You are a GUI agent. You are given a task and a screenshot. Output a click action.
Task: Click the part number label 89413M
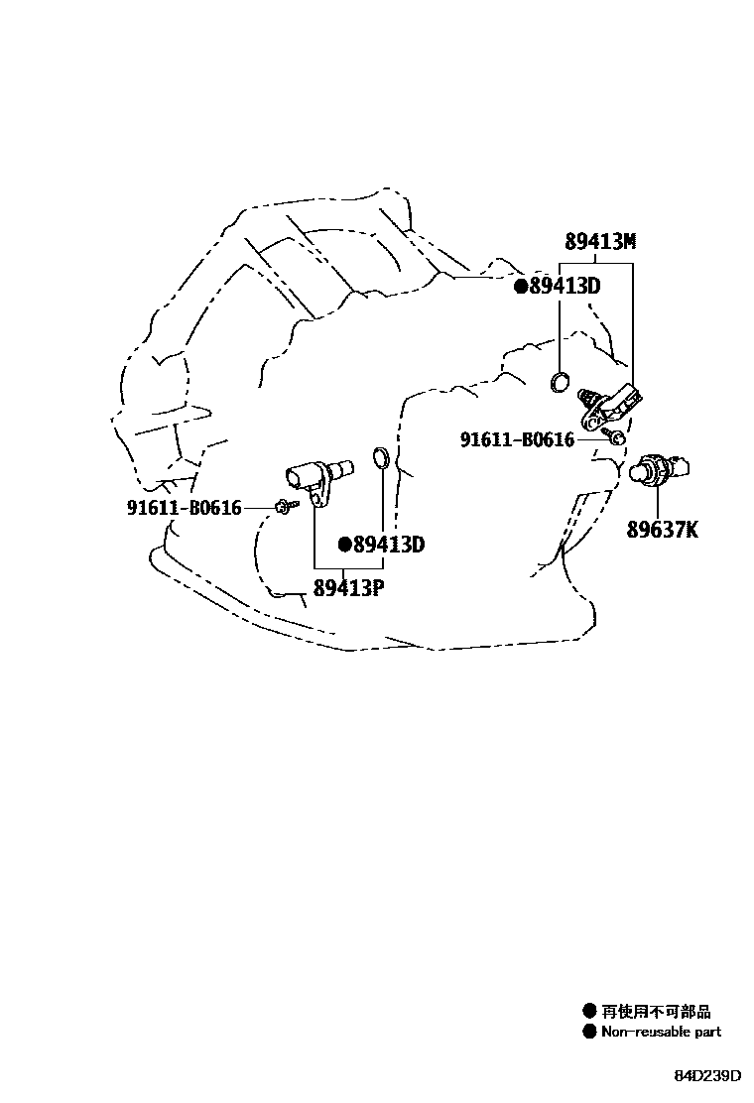(x=600, y=241)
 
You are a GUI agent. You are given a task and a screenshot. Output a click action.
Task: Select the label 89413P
(x=348, y=587)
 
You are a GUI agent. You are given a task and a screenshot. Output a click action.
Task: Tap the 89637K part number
(x=662, y=530)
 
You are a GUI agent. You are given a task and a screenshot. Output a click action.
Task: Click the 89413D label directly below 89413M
(x=565, y=287)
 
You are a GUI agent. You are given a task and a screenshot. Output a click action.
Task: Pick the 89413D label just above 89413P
(x=389, y=544)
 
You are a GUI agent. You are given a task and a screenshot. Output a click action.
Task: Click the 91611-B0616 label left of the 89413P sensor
(x=185, y=508)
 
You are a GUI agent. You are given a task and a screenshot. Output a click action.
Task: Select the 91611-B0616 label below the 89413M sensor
(x=517, y=438)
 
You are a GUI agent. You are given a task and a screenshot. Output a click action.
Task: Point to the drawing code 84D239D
(x=708, y=1076)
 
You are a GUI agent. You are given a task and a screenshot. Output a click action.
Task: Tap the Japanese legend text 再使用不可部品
(x=656, y=1012)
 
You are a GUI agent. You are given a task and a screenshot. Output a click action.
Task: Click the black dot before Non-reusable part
(x=589, y=1032)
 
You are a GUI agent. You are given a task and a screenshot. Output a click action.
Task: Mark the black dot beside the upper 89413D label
(x=520, y=287)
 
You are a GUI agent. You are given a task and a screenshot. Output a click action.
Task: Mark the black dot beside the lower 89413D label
(x=345, y=544)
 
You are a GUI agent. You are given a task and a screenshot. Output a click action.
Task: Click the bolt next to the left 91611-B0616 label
(x=284, y=507)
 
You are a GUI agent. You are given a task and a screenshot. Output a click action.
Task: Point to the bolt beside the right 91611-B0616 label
(x=616, y=436)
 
